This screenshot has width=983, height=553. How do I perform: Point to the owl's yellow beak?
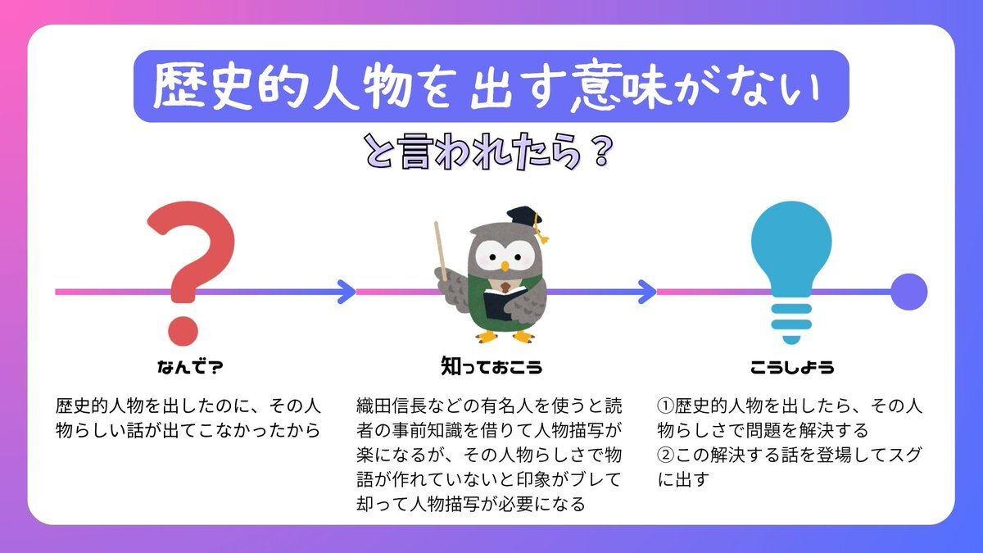pos(505,266)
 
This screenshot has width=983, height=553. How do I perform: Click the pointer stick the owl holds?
pos(441,251)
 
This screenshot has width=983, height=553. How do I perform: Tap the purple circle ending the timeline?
pos(908,292)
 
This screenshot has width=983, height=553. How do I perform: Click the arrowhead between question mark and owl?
pos(347,292)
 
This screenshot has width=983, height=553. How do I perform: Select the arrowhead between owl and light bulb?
pos(647,292)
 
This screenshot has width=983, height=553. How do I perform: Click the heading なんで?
pos(190,367)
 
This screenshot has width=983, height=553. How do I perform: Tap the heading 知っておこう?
pos(491,366)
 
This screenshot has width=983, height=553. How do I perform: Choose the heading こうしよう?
pos(792,367)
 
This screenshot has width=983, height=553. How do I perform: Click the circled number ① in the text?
pos(665,406)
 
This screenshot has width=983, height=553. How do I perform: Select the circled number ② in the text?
pos(665,456)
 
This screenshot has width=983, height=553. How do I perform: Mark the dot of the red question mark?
pos(183,331)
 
